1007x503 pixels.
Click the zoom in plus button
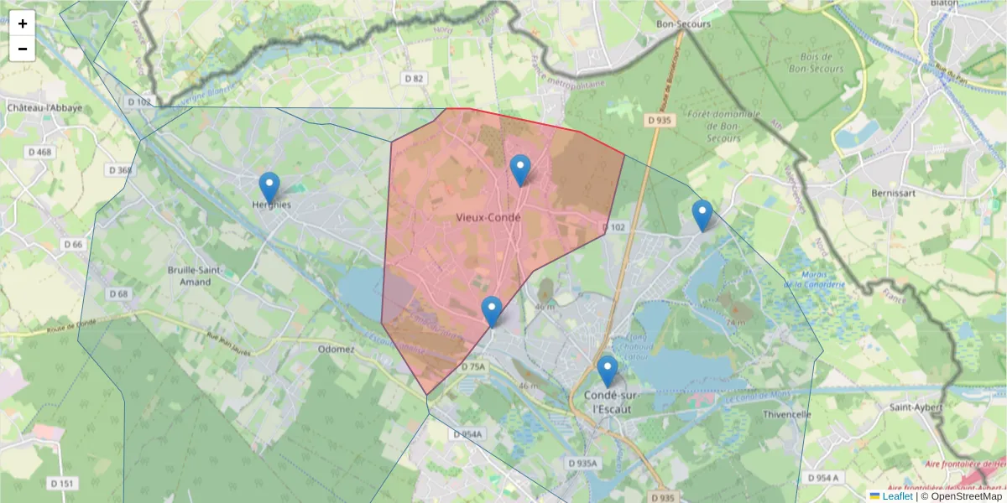point(23,23)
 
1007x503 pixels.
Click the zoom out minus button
point(23,49)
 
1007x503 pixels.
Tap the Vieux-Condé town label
point(488,217)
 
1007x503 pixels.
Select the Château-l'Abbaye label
point(44,108)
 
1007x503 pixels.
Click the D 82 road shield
point(414,78)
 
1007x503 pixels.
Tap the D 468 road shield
point(39,152)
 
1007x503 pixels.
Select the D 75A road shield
point(473,366)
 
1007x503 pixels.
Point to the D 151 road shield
point(61,483)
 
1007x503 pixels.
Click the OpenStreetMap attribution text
point(966,496)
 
